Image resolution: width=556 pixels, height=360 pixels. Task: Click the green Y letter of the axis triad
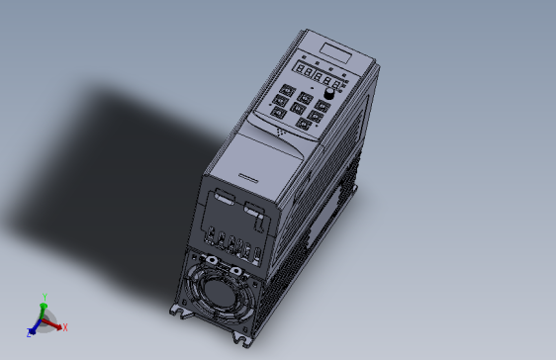pos(45,296)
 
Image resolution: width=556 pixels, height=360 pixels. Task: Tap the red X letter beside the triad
pos(63,329)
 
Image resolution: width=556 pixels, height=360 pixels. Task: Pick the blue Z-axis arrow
pos(36,327)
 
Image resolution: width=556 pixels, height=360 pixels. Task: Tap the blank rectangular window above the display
pos(332,48)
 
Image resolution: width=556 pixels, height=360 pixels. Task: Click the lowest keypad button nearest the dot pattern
pos(296,121)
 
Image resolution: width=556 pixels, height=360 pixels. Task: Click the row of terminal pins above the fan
pos(232,243)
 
